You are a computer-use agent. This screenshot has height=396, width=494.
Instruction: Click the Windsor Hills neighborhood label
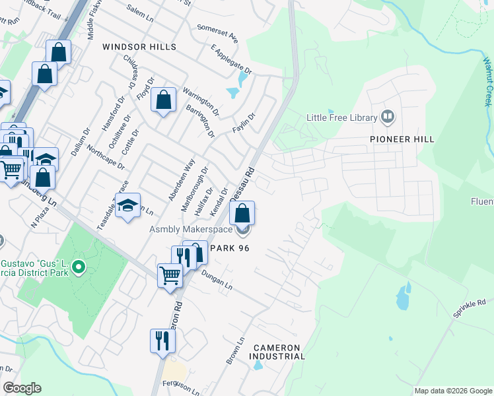(x=139, y=47)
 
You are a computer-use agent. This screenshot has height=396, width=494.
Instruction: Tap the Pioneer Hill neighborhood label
(x=402, y=139)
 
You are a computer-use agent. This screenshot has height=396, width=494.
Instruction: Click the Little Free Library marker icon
(x=388, y=118)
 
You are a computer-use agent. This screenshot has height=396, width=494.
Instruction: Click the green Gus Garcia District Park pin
(x=79, y=268)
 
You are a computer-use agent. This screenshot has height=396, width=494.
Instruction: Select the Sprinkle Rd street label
(x=469, y=309)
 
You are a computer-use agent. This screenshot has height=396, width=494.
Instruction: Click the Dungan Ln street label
(x=217, y=282)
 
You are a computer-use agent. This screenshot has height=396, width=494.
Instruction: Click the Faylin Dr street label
(x=244, y=122)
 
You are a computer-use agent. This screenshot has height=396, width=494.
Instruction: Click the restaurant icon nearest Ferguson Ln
(x=162, y=341)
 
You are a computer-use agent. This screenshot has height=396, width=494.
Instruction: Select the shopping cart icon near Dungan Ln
(x=170, y=275)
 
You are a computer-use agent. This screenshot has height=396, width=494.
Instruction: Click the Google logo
(x=22, y=388)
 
